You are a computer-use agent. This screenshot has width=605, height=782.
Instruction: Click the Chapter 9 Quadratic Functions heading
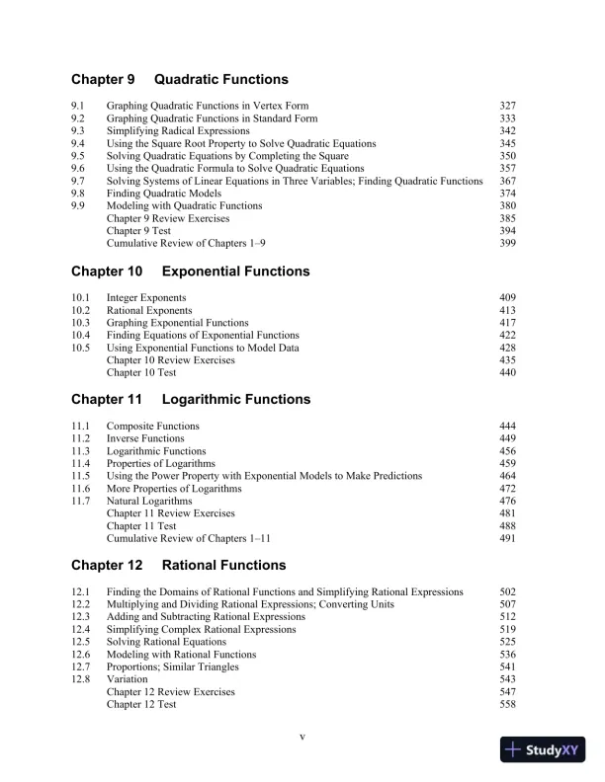tap(180, 79)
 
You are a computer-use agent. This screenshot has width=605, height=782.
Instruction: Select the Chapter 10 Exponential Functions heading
tap(190, 271)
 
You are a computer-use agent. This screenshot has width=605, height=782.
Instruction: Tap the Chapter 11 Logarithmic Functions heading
tap(191, 399)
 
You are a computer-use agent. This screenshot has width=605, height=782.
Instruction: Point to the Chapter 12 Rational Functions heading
tap(179, 565)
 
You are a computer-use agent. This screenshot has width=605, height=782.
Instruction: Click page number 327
tap(508, 105)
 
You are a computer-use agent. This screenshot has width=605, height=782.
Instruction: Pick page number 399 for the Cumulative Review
tap(508, 243)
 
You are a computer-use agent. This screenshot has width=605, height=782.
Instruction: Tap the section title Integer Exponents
tap(146, 297)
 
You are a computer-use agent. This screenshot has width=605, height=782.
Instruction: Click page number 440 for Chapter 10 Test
tap(508, 373)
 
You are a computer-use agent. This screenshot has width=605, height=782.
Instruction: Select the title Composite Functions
tap(152, 426)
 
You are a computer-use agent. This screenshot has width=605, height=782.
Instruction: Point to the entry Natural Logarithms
tap(149, 502)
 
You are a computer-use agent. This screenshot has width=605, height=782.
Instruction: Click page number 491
tap(508, 539)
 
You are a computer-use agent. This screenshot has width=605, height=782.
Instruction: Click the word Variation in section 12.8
tap(127, 680)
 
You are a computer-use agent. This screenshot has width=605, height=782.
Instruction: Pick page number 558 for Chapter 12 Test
tap(508, 705)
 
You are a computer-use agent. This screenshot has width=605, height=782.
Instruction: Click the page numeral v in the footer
tap(302, 737)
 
